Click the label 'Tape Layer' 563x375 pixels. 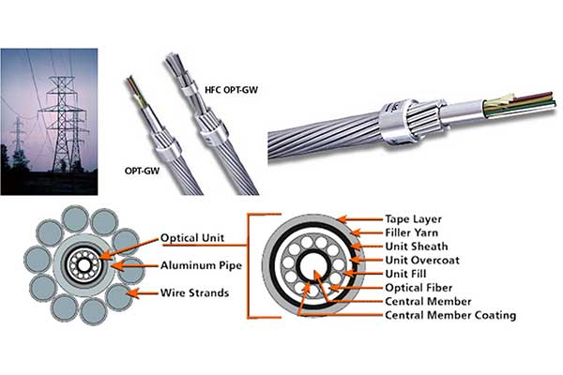click(x=414, y=217)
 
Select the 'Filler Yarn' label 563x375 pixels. click(x=414, y=234)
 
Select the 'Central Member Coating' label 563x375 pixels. click(x=450, y=316)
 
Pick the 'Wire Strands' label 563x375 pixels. click(x=195, y=293)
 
